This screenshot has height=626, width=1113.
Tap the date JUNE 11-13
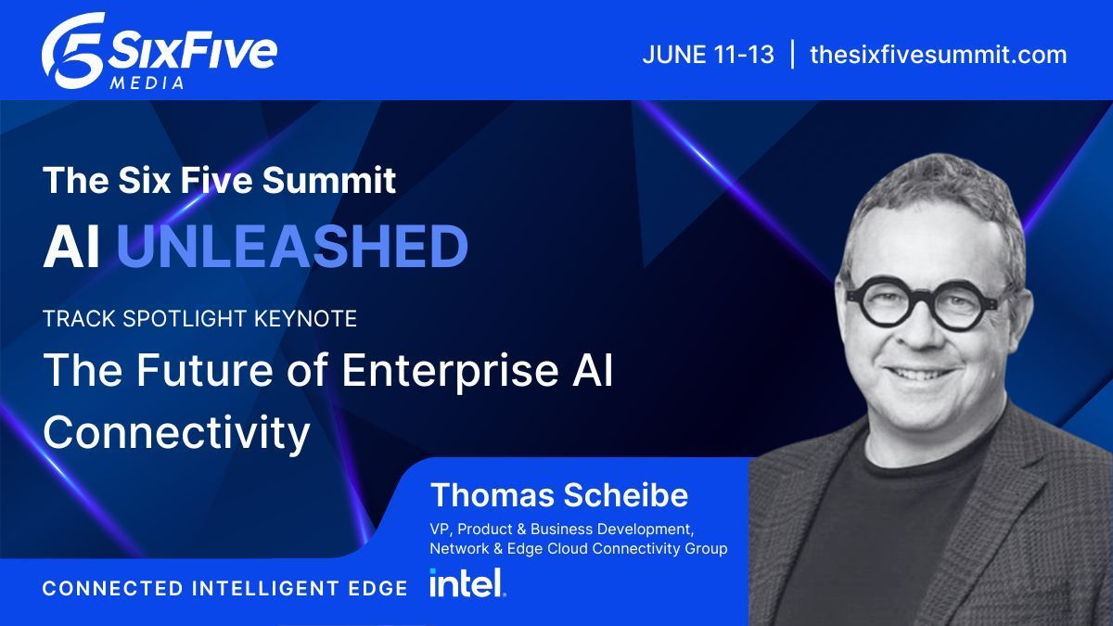(x=708, y=54)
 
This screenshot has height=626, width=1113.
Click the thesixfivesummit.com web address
(x=938, y=54)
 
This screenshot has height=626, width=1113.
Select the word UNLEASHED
(x=292, y=247)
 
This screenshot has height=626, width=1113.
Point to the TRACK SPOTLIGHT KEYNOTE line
(x=200, y=318)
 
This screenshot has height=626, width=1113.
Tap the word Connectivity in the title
(x=176, y=432)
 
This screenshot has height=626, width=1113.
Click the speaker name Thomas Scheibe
(x=558, y=495)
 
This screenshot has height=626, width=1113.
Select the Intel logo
(x=467, y=583)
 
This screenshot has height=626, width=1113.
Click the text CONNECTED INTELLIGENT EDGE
(x=225, y=588)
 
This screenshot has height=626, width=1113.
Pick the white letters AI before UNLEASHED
(x=71, y=247)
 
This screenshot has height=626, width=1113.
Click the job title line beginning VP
(x=562, y=530)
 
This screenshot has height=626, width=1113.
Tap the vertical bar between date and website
(x=792, y=54)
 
